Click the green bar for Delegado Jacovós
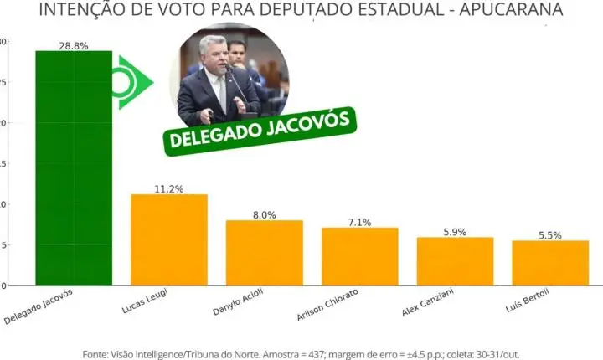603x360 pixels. pos(73,167)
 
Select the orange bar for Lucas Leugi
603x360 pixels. pos(168,239)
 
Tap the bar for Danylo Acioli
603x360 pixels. pos(264,253)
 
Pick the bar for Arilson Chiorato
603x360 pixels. pos(359,256)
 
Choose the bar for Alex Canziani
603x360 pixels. pos(455,261)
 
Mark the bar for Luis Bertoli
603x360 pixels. pos(550,263)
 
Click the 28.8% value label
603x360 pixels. pos(73,45)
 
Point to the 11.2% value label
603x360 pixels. pos(168,188)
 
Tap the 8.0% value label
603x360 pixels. pos(264,214)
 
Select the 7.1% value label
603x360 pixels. pos(359,222)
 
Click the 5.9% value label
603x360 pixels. pos(455,232)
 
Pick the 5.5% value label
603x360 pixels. pos(550,235)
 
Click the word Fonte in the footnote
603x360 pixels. pos(97,354)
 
